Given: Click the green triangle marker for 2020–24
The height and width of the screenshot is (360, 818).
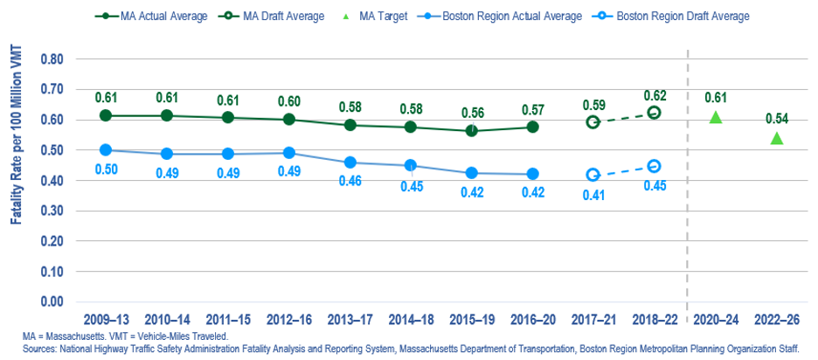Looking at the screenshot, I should click(x=716, y=117).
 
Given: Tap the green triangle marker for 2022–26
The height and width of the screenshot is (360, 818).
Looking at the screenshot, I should click(x=777, y=138).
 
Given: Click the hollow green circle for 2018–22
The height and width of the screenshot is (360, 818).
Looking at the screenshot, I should click(x=655, y=113).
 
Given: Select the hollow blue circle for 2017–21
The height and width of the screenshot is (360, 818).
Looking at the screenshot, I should click(x=593, y=176).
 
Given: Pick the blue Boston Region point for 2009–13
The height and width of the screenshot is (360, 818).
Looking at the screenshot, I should click(x=107, y=149).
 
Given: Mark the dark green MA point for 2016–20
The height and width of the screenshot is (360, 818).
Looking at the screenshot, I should click(x=532, y=127).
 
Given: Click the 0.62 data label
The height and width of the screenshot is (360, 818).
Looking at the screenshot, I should click(x=655, y=95).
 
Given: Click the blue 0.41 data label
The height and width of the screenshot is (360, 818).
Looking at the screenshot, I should click(x=593, y=196).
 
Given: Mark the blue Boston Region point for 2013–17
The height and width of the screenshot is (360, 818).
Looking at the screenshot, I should click(x=350, y=163).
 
